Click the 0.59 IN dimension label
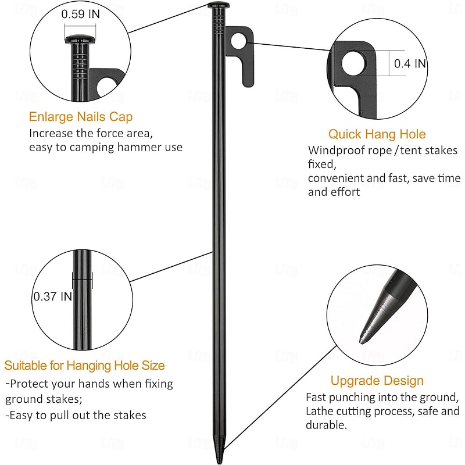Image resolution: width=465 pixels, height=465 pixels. [x=81, y=15]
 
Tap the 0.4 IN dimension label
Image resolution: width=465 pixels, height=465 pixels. [x=410, y=64]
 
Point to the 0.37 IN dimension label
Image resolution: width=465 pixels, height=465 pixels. [x=52, y=296]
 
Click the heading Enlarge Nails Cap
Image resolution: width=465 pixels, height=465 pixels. [x=81, y=117]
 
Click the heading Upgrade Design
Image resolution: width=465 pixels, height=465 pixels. [x=377, y=381]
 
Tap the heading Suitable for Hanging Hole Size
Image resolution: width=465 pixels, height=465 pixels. [x=85, y=366]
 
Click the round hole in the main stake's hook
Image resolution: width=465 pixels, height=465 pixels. [x=239, y=40]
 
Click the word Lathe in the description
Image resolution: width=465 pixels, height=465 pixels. [x=320, y=412]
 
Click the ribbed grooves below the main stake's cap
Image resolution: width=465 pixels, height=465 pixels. [x=219, y=23]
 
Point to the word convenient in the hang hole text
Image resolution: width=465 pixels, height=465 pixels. [x=335, y=178]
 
